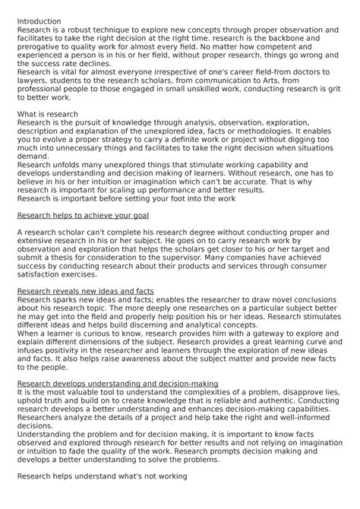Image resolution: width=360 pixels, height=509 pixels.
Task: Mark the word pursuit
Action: (95, 121)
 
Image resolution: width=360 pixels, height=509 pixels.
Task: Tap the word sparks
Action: (68, 299)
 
